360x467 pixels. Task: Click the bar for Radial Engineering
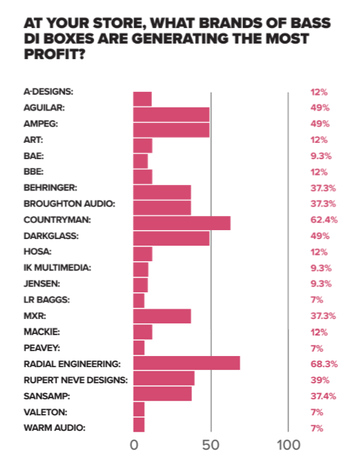point(187,363)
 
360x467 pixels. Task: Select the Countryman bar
point(181,223)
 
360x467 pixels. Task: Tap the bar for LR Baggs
point(139,300)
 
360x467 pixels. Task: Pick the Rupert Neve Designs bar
point(164,378)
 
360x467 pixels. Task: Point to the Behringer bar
point(162,192)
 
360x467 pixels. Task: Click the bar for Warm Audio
point(139,425)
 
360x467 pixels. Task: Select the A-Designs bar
point(142,99)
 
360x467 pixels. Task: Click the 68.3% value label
point(324,364)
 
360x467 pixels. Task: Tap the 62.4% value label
point(324,220)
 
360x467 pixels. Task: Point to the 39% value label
point(320,380)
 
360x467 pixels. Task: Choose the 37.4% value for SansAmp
point(323,396)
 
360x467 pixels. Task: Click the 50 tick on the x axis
point(210,446)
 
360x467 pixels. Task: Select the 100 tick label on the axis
point(288,446)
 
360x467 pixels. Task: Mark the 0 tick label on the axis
point(134,446)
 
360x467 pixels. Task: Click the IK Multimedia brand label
point(58,268)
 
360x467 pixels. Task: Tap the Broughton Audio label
point(70,204)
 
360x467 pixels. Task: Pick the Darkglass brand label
point(51,236)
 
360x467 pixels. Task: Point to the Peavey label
point(41,348)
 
